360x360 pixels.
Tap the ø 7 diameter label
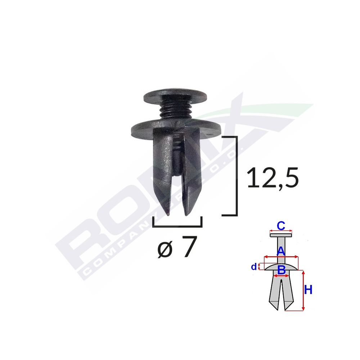177,248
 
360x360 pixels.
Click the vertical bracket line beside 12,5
237,176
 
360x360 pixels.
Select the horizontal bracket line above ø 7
177,226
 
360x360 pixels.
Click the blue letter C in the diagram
281,226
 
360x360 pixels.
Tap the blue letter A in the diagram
281,251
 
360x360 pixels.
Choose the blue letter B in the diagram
282,269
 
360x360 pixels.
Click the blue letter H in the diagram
308,290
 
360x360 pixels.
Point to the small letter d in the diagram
254,267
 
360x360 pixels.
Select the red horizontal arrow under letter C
281,231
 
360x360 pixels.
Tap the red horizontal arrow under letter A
281,257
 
